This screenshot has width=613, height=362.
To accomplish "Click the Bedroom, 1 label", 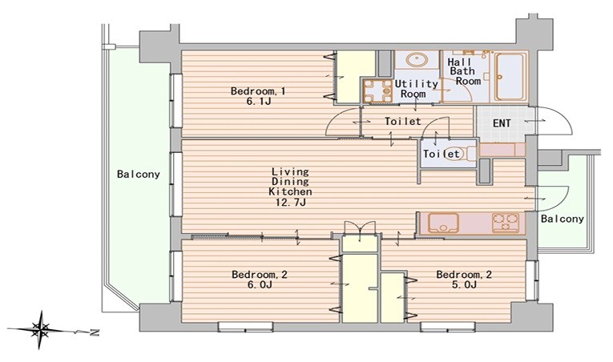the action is (x=258, y=91).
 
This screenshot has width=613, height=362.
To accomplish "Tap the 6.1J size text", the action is (x=258, y=102).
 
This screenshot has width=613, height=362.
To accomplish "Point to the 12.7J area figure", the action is (x=290, y=202).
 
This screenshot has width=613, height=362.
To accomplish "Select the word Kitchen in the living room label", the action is (x=290, y=191).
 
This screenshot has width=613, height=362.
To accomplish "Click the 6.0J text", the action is (x=259, y=284).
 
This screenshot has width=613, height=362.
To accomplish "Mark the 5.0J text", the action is (x=464, y=284).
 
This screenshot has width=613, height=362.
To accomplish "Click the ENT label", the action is (x=502, y=123).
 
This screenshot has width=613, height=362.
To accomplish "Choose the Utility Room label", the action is (x=416, y=89).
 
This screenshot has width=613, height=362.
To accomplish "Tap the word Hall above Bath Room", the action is (x=460, y=62).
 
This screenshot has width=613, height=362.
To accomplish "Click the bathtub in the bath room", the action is (x=510, y=77).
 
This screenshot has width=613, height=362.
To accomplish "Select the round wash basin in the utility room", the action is (x=417, y=60).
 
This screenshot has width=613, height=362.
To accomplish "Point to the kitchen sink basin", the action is (x=443, y=223).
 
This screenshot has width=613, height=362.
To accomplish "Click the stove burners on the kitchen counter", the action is (x=506, y=223).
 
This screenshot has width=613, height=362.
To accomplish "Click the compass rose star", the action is (x=40, y=330).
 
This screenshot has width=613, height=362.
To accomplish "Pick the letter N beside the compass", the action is (x=95, y=332).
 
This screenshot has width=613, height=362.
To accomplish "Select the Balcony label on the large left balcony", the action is (x=139, y=175).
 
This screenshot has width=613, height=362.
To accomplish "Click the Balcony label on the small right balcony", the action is (x=563, y=219).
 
